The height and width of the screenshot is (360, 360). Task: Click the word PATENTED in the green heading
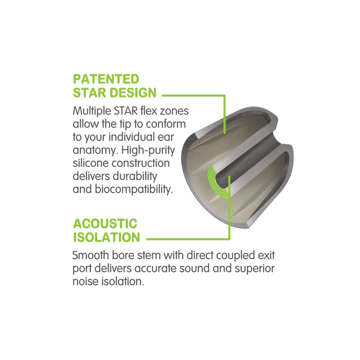pyautogui.click(x=106, y=79)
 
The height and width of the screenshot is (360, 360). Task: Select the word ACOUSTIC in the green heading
pyautogui.click(x=105, y=224)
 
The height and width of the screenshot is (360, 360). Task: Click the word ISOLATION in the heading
pyautogui.click(x=107, y=237)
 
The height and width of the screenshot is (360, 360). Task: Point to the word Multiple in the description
pyautogui.click(x=92, y=111)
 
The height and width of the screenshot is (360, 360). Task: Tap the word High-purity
pyautogui.click(x=148, y=151)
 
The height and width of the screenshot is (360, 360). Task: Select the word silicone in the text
pyautogui.click(x=90, y=163)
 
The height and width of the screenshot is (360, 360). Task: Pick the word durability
pyautogui.click(x=135, y=176)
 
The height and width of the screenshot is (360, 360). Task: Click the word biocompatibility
pyautogui.click(x=134, y=189)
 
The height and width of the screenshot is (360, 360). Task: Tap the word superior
pyautogui.click(x=255, y=269)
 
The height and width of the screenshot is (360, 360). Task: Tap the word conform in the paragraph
pyautogui.click(x=166, y=124)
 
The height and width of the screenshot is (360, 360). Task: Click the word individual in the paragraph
pyautogui.click(x=132, y=137)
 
